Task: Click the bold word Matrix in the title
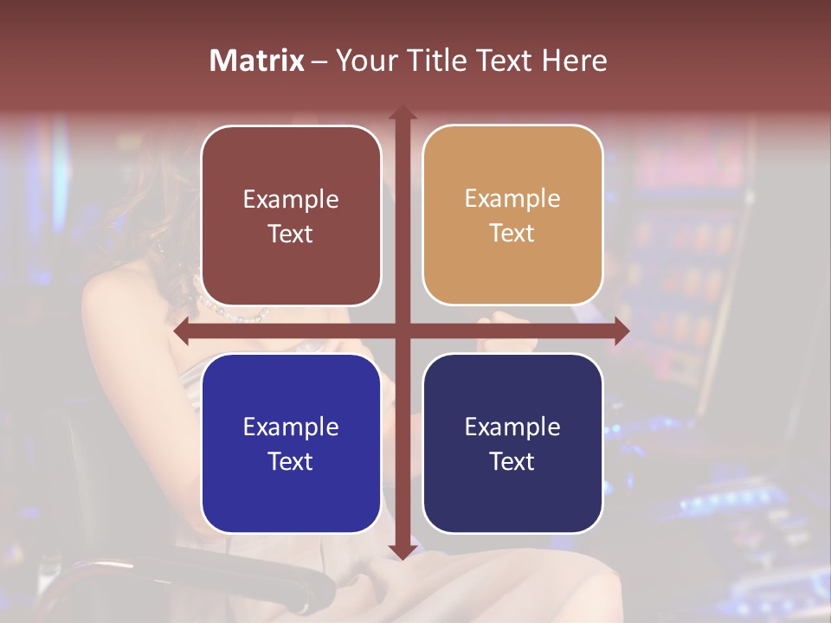[x=257, y=61]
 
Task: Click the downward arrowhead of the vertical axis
[x=402, y=551]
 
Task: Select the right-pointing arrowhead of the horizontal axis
[x=622, y=331]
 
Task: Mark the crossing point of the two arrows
[x=402, y=331]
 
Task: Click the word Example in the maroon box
[x=291, y=200]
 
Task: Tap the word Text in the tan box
[x=512, y=234]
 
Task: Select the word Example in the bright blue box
[x=291, y=427]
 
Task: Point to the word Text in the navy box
[x=512, y=461]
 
